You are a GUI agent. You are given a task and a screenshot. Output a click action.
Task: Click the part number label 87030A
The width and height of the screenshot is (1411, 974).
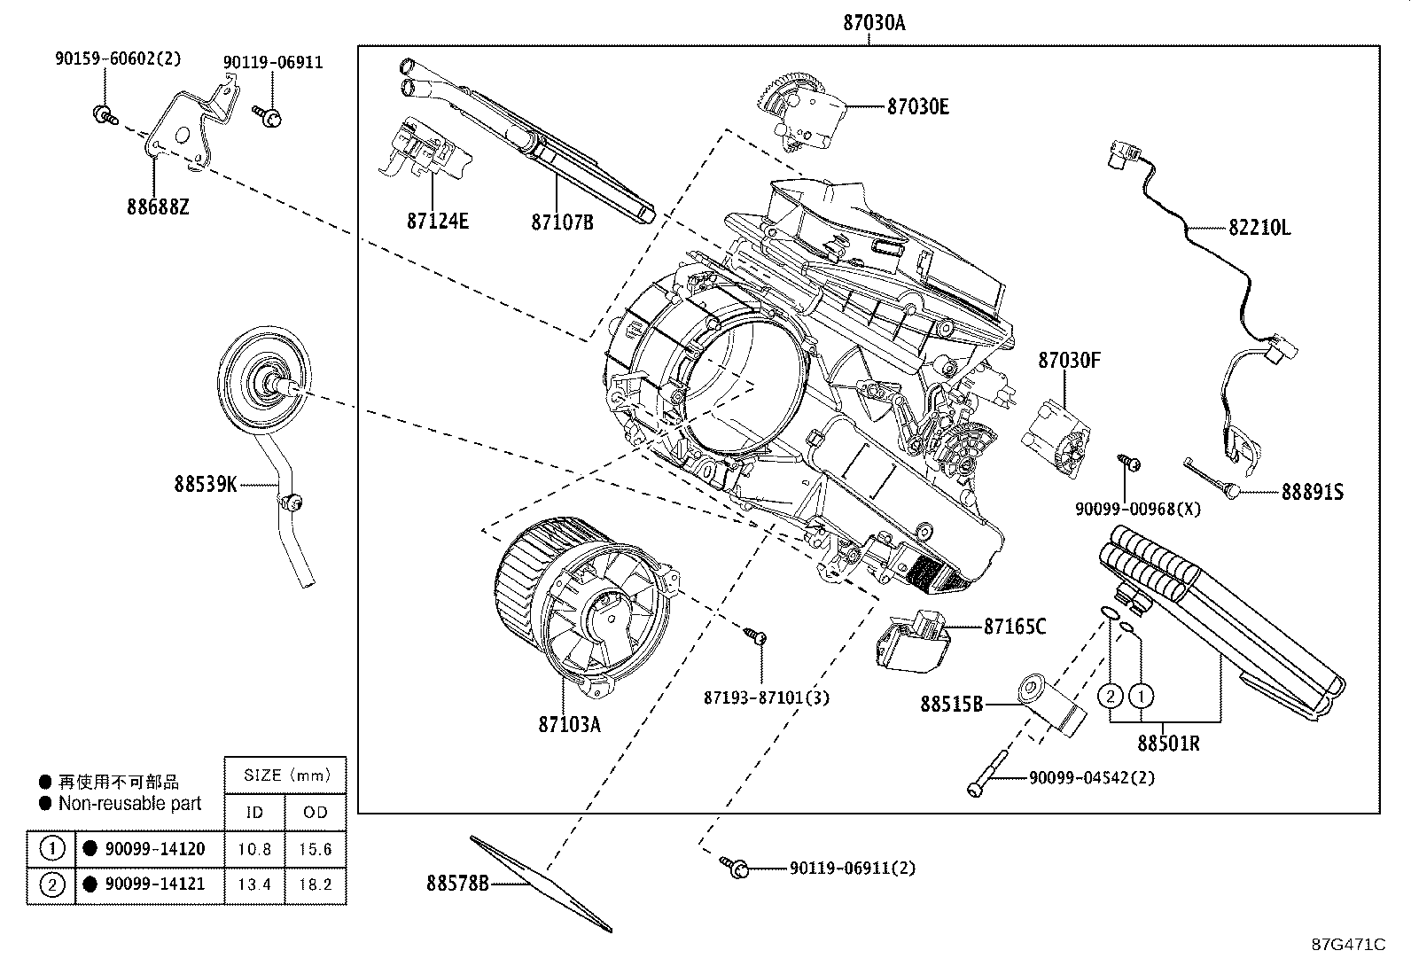tap(873, 23)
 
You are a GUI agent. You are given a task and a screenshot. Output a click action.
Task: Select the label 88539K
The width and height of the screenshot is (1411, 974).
tap(206, 484)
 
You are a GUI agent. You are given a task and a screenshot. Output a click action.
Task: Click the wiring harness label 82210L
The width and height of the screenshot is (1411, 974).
tap(1259, 228)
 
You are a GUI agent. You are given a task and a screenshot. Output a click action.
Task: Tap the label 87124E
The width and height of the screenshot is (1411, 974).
tap(437, 221)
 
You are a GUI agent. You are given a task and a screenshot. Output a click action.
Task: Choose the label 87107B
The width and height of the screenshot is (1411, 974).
tap(562, 222)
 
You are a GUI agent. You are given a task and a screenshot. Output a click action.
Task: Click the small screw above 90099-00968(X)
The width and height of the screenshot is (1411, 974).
tap(1129, 463)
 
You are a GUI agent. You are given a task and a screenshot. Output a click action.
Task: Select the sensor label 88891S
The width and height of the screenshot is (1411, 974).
tap(1312, 492)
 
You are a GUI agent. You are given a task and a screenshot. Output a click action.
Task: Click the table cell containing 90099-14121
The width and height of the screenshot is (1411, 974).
tap(151, 884)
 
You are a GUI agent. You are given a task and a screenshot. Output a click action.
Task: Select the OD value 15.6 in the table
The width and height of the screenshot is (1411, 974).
tap(315, 849)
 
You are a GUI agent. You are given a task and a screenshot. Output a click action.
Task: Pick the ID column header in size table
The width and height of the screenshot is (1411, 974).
tap(254, 812)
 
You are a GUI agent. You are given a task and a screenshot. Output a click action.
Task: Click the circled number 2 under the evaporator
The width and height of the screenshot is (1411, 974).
tap(1110, 696)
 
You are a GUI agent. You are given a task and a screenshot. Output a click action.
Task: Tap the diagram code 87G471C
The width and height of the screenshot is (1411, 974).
tap(1348, 944)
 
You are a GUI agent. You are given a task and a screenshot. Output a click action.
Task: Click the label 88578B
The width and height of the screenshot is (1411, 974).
tap(457, 883)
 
